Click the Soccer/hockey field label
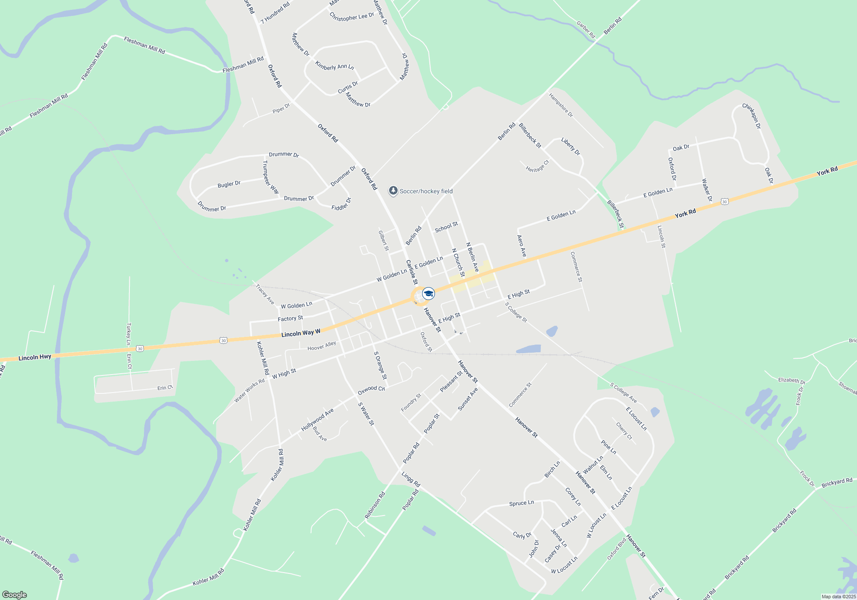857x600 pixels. [x=426, y=191]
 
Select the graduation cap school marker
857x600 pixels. [x=428, y=294]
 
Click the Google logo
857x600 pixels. [x=15, y=595]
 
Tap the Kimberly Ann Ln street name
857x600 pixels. [x=334, y=66]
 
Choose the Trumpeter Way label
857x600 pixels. [x=270, y=177]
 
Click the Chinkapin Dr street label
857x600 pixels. [x=752, y=116]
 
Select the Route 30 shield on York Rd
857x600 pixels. [x=724, y=201]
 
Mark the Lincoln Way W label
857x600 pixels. [x=301, y=333]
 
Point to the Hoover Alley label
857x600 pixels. [x=322, y=346]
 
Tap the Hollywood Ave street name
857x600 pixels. [x=317, y=420]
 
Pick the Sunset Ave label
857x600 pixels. [x=467, y=399]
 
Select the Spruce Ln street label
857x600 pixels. [x=521, y=503]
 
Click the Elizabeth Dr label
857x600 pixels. [x=791, y=380]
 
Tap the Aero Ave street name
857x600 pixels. [x=521, y=246]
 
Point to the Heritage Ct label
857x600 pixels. [x=537, y=166]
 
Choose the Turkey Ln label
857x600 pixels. [x=128, y=334]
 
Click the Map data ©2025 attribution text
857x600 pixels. [x=838, y=597]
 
